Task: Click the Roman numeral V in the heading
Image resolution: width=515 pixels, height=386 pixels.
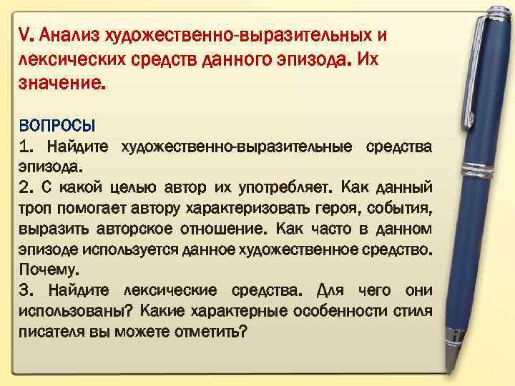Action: [25, 35]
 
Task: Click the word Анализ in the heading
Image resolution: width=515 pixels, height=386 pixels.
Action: [69, 36]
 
